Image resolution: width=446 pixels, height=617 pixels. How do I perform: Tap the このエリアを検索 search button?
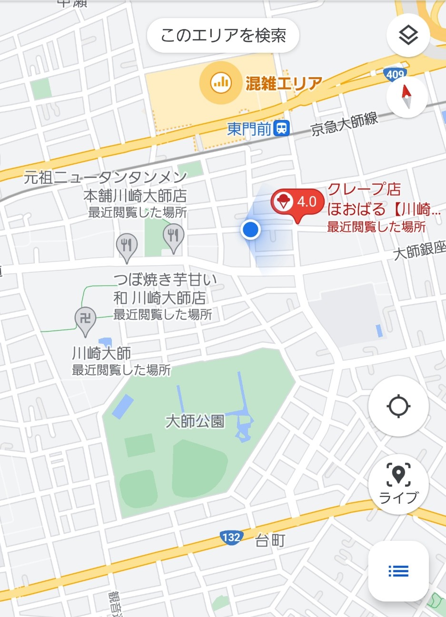click(x=223, y=36)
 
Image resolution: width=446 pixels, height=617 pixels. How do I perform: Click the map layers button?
click(x=408, y=36)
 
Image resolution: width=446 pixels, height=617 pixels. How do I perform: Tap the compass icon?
click(x=407, y=97)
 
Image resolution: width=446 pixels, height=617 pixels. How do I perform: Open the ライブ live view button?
click(x=398, y=484)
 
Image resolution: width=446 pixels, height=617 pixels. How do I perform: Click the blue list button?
click(x=398, y=570)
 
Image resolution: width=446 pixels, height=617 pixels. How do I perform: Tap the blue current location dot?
click(x=250, y=229)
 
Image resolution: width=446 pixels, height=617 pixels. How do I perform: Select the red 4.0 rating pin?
click(x=297, y=203)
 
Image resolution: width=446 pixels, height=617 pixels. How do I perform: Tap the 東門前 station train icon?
click(x=282, y=129)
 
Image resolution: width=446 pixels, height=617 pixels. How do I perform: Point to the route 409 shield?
click(x=395, y=74)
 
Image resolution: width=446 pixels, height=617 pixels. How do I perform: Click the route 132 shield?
click(x=231, y=537)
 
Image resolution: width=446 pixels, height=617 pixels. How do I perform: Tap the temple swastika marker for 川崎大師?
click(x=86, y=318)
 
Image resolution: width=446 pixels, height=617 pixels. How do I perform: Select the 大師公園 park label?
click(x=195, y=421)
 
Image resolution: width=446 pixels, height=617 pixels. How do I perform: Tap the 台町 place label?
click(x=270, y=540)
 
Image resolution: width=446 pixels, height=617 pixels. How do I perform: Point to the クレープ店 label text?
click(x=364, y=189)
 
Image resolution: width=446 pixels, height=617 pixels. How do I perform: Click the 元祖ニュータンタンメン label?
click(x=106, y=178)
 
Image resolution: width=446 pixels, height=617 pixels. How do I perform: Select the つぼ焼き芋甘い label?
click(x=164, y=279)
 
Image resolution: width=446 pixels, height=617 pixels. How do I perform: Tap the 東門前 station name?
click(x=249, y=129)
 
